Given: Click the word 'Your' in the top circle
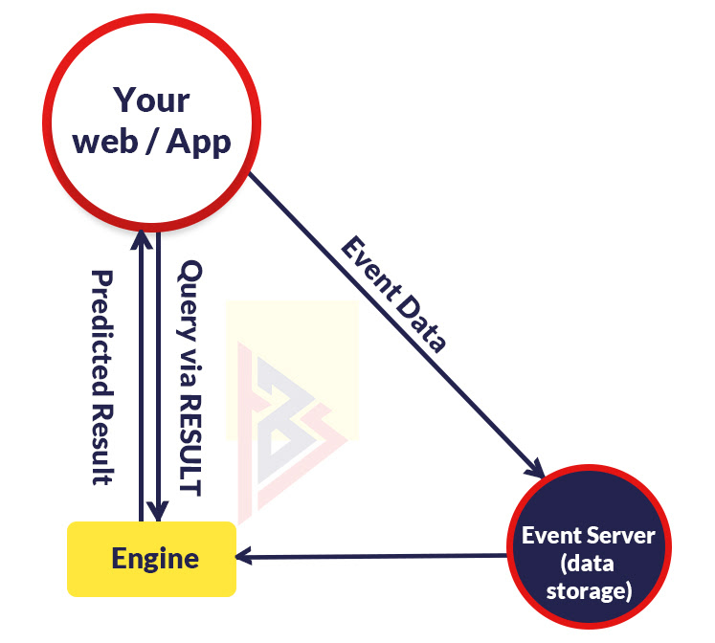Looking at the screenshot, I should (x=151, y=100).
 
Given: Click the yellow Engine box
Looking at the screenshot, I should (x=151, y=559).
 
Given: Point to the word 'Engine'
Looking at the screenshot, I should (x=155, y=559).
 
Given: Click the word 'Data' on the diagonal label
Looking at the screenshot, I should (x=421, y=321).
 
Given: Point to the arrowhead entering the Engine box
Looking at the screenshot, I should (x=246, y=556).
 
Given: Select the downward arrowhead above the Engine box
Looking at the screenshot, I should (x=159, y=513).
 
